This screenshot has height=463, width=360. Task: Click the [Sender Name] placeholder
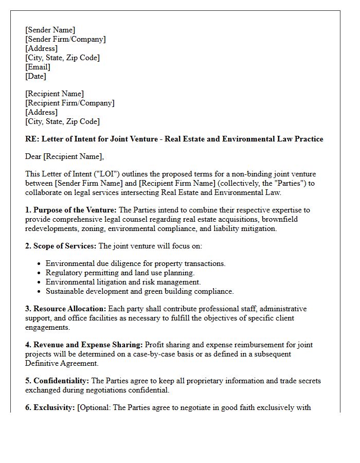(50, 30)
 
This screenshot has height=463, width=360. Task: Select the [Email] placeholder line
(38, 67)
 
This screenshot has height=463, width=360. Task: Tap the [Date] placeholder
(35, 76)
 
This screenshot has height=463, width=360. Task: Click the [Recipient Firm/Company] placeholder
(69, 103)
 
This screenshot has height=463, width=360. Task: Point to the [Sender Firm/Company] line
(65, 39)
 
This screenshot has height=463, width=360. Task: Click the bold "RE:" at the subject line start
(32, 139)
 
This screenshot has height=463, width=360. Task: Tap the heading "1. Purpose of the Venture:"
(71, 210)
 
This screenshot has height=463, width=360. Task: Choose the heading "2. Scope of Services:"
(61, 246)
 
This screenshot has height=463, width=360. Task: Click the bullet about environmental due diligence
(135, 263)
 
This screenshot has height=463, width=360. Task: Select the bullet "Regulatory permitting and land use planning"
(120, 273)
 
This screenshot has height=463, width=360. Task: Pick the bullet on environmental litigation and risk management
(123, 282)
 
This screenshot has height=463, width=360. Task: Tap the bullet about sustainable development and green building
(139, 291)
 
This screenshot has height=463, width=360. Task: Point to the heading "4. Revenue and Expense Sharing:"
(84, 345)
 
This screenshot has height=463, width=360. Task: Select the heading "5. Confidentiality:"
(57, 381)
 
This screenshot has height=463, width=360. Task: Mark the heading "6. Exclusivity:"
(50, 407)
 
